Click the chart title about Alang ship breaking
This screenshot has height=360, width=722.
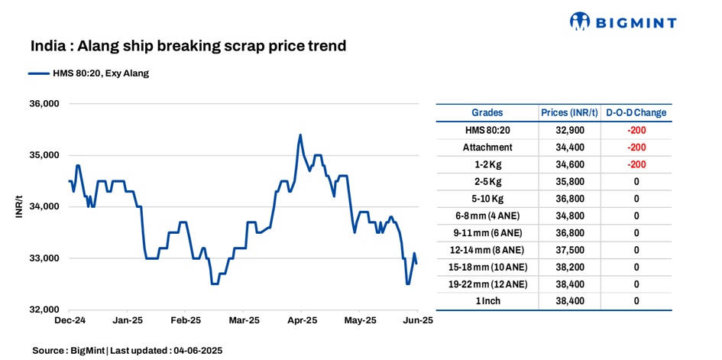pyautogui.click(x=189, y=47)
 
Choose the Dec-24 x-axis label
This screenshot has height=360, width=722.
pyautogui.click(x=70, y=321)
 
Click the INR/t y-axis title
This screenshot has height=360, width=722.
pyautogui.click(x=18, y=206)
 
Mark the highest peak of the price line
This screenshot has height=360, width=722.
pyautogui.click(x=299, y=135)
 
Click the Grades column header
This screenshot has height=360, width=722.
pyautogui.click(x=487, y=113)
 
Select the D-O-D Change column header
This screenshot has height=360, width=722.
pyautogui.click(x=636, y=113)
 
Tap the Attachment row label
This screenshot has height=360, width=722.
pyautogui.click(x=487, y=147)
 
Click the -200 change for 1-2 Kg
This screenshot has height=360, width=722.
pyautogui.click(x=636, y=164)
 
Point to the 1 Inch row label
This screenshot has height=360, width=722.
pyautogui.click(x=487, y=301)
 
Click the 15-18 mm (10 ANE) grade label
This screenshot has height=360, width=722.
pyautogui.click(x=487, y=267)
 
